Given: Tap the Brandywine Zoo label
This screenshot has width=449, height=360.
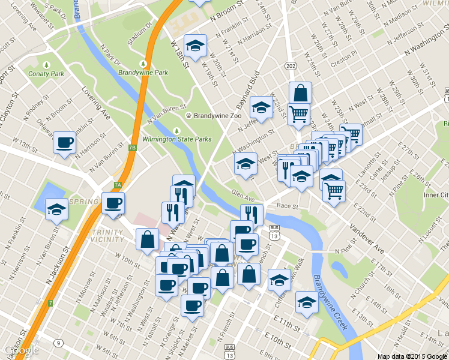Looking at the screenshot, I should point(213,115).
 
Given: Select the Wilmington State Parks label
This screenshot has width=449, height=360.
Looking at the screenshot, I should point(176,139).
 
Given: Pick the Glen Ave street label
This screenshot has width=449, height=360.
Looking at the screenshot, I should point(243,193).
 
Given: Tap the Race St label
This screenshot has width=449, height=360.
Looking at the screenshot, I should point(288,205).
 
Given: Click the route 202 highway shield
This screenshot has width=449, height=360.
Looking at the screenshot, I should point(291,65).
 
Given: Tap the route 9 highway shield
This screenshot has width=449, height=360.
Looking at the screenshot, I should point(58,343).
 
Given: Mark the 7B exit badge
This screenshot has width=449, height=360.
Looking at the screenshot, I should point(133,146).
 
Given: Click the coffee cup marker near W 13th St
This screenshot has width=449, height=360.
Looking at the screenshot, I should point(65,143).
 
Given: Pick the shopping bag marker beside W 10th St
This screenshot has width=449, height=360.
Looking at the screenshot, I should point(147,239).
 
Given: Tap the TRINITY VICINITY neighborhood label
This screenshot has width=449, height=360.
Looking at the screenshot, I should point(109,235).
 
